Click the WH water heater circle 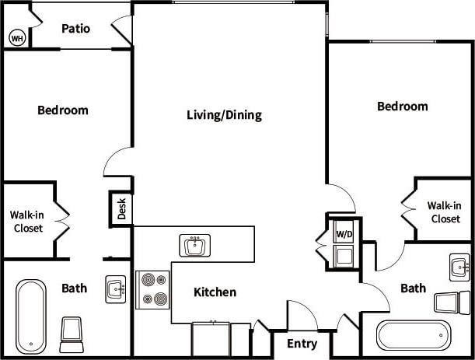tap(16, 37)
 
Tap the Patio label tap(75, 29)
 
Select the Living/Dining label tap(224, 115)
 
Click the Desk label tap(121, 208)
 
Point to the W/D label tap(343, 233)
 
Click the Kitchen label tap(215, 292)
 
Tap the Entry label tap(302, 344)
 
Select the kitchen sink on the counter tap(194, 246)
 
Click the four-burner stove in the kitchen tap(152, 289)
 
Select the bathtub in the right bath tap(412, 336)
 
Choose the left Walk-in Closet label tap(26, 222)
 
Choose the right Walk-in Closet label tap(445, 212)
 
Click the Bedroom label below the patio tap(63, 110)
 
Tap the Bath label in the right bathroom tap(413, 288)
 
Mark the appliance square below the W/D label tap(343, 255)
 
